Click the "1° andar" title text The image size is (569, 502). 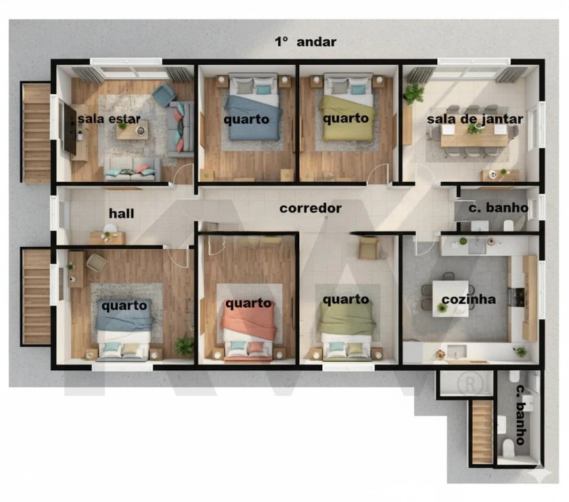[x=305, y=42]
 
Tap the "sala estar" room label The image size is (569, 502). [x=109, y=119]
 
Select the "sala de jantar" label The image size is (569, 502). [x=475, y=119]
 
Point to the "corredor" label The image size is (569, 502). [x=310, y=208]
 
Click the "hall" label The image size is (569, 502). [x=121, y=213]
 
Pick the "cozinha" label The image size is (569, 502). [x=469, y=299]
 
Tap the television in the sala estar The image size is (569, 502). [x=69, y=128]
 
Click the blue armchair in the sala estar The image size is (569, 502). [x=164, y=95]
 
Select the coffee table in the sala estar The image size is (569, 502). [x=132, y=130]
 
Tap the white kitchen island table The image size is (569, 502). [x=450, y=298]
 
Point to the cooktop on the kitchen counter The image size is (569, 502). [x=517, y=297]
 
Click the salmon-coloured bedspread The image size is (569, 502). [x=250, y=321]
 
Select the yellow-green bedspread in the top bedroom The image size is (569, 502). [x=347, y=118]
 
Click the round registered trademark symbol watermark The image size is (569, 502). [x=470, y=384]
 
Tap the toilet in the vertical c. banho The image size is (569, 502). [x=508, y=447]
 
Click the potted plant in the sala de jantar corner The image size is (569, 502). [x=414, y=94]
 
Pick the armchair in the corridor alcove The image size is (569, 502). [x=370, y=248]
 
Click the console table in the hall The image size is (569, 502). [x=107, y=238]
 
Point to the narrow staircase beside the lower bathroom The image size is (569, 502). [x=483, y=432]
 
